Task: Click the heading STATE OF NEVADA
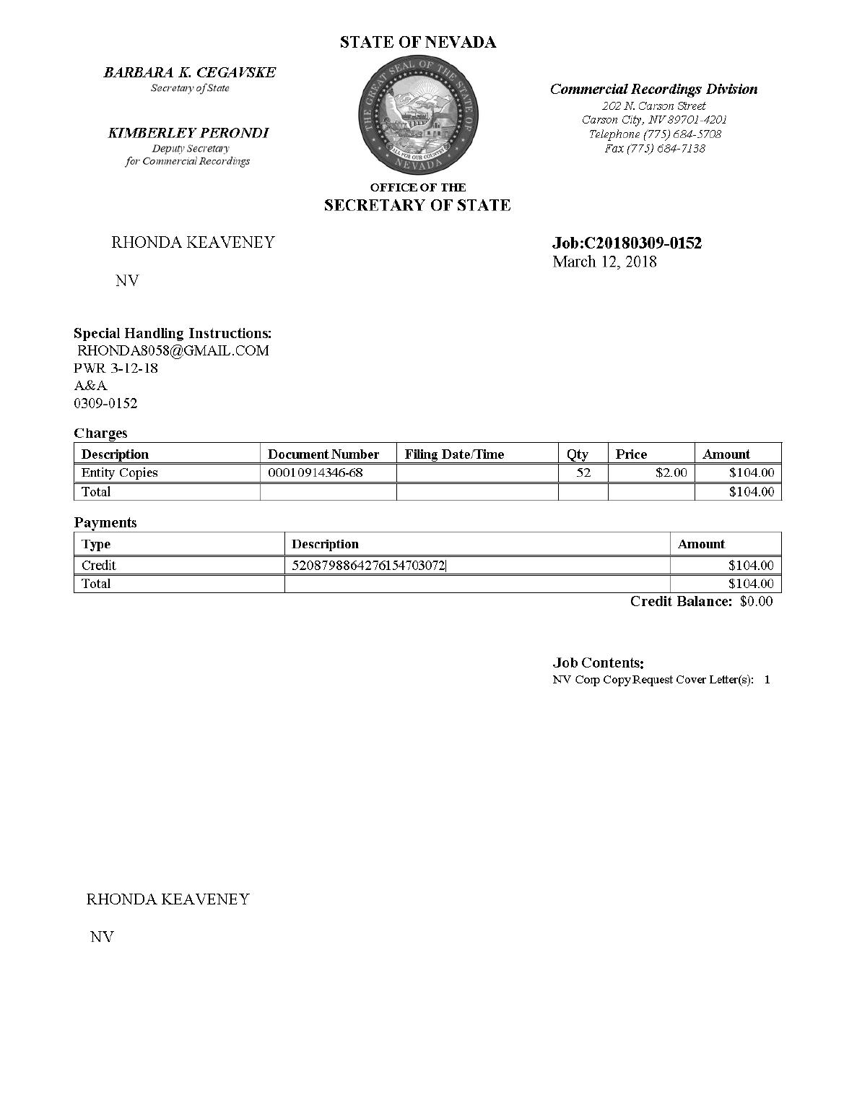pos(418,43)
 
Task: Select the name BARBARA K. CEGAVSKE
pos(190,72)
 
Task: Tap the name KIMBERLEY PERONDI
pos(188,133)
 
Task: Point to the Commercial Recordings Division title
pos(653,90)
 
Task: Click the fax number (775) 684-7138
pos(655,149)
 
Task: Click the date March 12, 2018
pos(604,262)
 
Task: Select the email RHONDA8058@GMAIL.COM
pos(173,351)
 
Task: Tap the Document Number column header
pos(323,454)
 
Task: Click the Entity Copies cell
pos(120,473)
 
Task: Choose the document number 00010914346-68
pos(316,473)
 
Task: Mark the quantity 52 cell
pos(583,473)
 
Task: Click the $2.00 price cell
pos(671,473)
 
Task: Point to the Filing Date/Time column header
pos(454,454)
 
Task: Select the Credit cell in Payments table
pos(99,566)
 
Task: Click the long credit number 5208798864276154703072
pos(368,566)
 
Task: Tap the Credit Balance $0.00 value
pos(756,602)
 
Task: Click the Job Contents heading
pos(599,662)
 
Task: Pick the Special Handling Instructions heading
pos(173,334)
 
